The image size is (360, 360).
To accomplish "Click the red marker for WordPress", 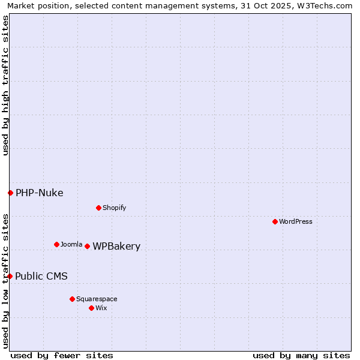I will coord(275,221).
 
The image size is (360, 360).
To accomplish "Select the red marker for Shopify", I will coord(98,208).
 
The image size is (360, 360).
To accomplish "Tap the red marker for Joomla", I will coord(56,244).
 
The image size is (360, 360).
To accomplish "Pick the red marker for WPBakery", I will coord(87,246).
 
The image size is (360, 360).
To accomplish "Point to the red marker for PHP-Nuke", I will coord(10,193).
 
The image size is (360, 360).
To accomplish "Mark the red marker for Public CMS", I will coord(10,276).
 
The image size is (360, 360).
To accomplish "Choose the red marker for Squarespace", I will coord(72,299).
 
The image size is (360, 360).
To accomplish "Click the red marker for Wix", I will coord(91,308).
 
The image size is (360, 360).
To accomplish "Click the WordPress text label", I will coord(296,221).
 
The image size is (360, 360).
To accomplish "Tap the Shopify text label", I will coord(114,208).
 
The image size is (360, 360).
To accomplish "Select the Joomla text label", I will coord(71,244).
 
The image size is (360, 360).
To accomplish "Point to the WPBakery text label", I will coord(116,247).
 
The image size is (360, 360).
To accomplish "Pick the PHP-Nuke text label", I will coord(39,193).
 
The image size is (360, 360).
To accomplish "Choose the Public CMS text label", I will coord(41,276).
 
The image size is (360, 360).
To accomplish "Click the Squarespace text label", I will coord(97,299).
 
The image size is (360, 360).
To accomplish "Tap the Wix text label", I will coord(101,308).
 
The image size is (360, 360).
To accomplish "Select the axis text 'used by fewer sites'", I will coord(62,355).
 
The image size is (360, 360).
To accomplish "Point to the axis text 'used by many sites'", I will coord(301,355).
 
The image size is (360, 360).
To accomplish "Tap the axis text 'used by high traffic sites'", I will coord(5,85).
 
